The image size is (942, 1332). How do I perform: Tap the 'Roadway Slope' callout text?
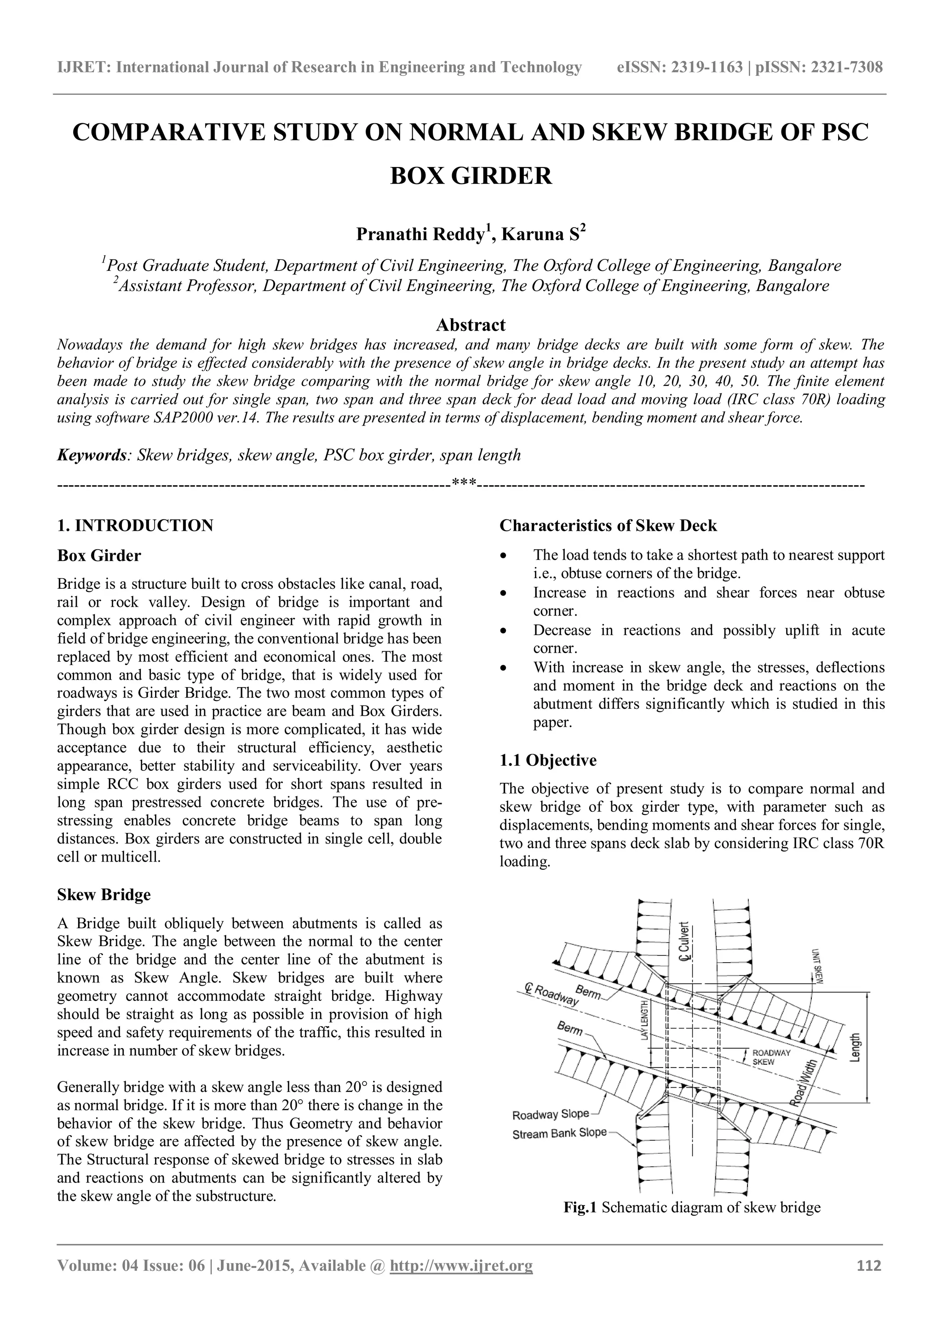(x=550, y=1114)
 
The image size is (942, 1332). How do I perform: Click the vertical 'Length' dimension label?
(x=855, y=1047)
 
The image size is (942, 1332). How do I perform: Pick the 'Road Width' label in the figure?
(x=806, y=1079)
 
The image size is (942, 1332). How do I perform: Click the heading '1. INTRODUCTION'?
(x=135, y=526)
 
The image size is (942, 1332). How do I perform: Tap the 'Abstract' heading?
(x=471, y=324)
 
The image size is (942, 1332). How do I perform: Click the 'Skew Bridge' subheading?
(x=104, y=895)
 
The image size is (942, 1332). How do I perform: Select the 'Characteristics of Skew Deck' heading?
(x=608, y=526)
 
